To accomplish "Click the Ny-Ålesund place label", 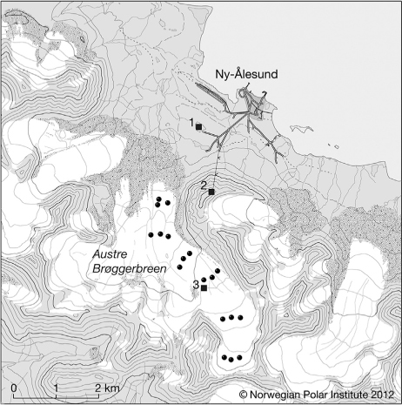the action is [x=246, y=74].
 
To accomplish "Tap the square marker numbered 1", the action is [x=199, y=126].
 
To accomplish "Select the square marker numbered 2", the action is [x=211, y=192].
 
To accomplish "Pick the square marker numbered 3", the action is [x=204, y=287].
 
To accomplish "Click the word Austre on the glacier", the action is [x=110, y=254].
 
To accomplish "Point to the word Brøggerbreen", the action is [x=130, y=269].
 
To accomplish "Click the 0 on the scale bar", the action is [x=14, y=388].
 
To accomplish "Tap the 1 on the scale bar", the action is [x=56, y=388].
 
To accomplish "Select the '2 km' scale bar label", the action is [x=107, y=388].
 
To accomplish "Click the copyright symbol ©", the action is [x=243, y=395].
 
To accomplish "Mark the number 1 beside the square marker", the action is [x=191, y=123].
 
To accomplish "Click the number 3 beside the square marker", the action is [x=197, y=285].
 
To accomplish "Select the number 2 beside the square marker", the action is [x=204, y=186].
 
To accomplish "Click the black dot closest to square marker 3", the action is [x=204, y=280].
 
